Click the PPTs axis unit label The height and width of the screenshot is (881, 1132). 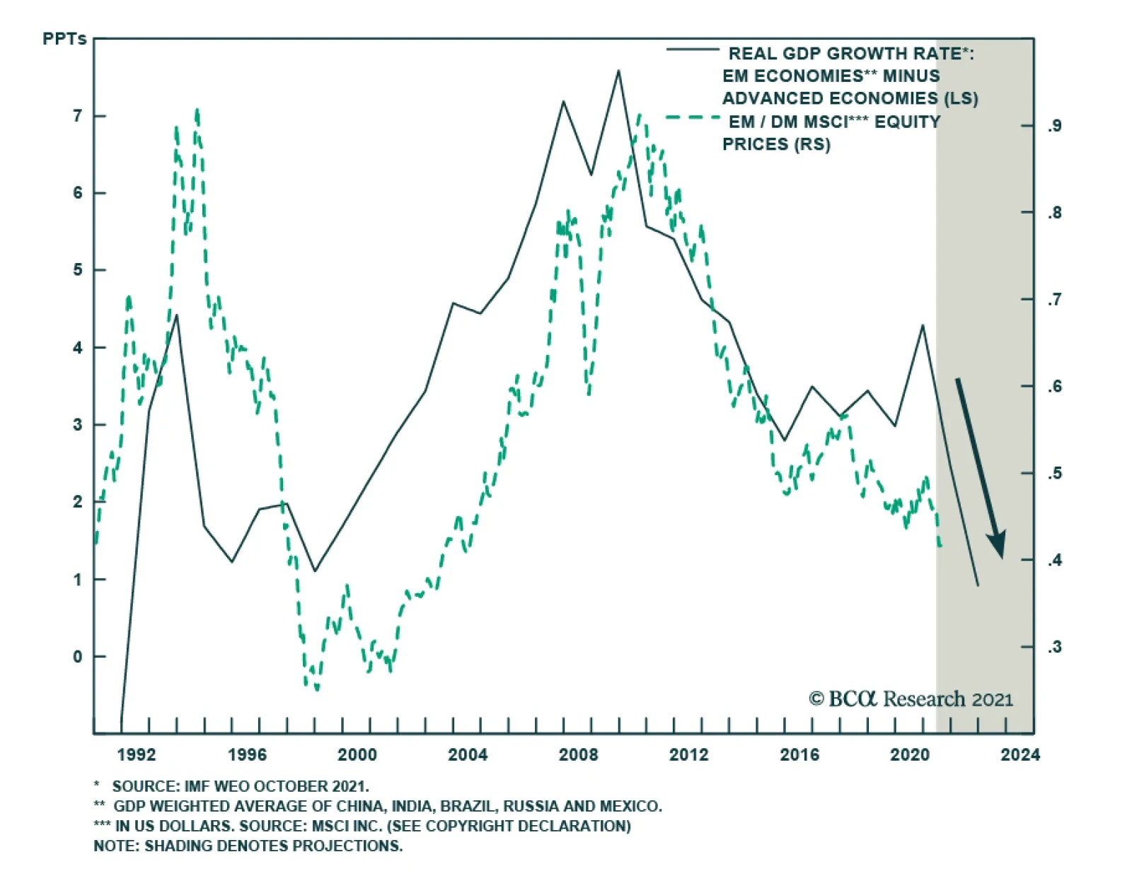coord(64,39)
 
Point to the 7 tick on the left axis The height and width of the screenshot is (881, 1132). coord(78,116)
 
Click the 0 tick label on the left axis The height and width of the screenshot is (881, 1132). coord(78,657)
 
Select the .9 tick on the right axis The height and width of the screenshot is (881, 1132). coord(1054,126)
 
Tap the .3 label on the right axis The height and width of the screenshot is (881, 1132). coord(1054,647)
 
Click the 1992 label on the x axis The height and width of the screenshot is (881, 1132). coord(137,755)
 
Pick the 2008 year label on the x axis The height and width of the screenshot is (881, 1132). coord(578,755)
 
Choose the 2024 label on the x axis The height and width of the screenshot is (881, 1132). coord(1020,755)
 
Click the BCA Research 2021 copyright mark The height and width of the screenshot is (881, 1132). coord(911,699)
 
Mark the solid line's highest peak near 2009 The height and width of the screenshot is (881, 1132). coord(618,71)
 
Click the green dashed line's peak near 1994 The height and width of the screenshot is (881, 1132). coord(197,110)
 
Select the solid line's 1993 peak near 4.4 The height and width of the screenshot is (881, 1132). coord(176,315)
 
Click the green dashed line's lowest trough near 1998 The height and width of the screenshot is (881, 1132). coord(316,689)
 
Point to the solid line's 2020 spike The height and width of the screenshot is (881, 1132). coord(923,325)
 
